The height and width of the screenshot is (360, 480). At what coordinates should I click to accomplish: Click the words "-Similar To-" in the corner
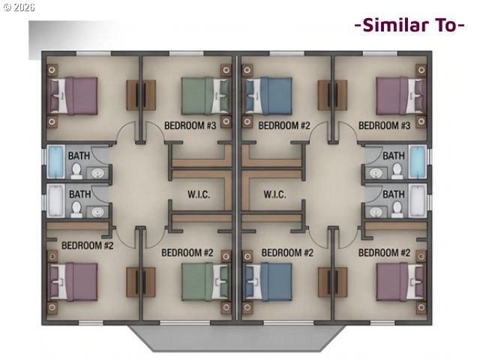409,25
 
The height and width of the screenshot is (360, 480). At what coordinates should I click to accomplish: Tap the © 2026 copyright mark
19,7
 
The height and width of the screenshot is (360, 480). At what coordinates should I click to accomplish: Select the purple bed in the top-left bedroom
73,96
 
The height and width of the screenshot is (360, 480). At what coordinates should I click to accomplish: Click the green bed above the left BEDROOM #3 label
205,96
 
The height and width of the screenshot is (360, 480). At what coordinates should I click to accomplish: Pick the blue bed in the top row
268,96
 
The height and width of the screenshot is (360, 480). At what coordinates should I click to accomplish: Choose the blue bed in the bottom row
268,282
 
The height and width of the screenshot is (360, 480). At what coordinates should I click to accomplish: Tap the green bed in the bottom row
205,282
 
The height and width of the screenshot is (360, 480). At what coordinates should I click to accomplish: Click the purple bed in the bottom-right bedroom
400,282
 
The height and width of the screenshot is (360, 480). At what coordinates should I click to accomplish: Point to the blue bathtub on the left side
56,162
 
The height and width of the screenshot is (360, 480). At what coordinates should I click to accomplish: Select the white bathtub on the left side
56,201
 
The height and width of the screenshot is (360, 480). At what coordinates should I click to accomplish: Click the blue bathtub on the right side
418,162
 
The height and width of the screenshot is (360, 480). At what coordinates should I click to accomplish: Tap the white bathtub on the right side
418,201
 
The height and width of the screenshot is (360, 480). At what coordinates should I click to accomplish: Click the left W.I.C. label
199,194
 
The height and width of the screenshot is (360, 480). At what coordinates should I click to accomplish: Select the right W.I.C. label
275,194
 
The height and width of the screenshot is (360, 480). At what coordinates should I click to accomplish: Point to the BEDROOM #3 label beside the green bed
190,125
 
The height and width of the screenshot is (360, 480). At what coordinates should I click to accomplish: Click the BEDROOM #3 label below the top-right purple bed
384,125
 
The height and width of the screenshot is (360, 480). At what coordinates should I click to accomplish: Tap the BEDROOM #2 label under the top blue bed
284,125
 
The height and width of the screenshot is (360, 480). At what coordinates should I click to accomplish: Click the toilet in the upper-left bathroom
76,171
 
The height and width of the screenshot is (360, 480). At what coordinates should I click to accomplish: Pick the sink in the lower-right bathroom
375,211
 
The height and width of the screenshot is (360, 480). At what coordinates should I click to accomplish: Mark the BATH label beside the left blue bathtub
79,156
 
